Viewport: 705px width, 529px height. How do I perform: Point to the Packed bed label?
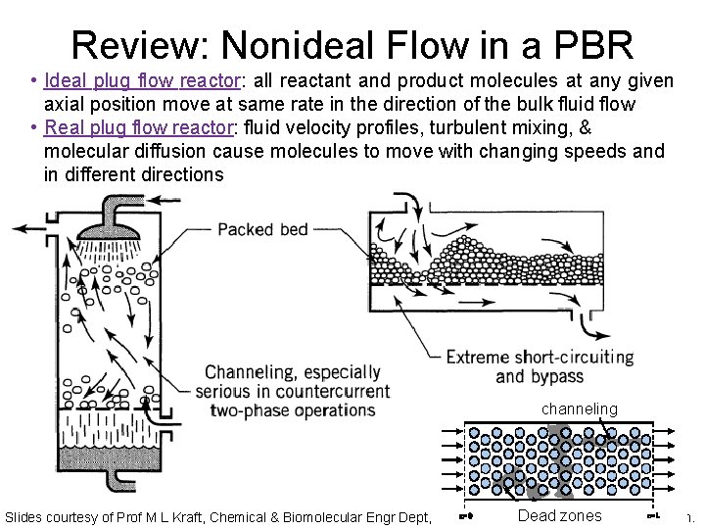[x=262, y=230]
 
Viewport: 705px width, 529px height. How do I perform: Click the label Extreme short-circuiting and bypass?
[x=540, y=366]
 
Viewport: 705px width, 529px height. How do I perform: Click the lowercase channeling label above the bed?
[x=581, y=409]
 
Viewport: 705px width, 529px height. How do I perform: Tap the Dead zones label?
[x=559, y=515]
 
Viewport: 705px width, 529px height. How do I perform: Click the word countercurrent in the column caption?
[x=332, y=392]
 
